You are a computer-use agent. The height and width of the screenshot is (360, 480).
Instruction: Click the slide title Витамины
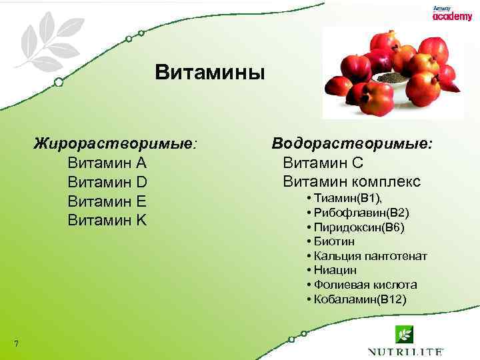tap(210, 72)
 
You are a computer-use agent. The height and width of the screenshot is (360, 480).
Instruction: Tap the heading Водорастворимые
tap(352, 144)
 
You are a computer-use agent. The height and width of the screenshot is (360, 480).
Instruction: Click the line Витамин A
tap(107, 163)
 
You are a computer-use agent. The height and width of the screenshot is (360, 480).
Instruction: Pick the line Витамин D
tap(107, 182)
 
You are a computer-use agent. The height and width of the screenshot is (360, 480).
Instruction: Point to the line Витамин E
tap(107, 201)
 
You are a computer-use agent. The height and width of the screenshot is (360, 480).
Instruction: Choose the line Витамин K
tap(107, 220)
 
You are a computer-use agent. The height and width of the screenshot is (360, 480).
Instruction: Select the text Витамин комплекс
tap(351, 181)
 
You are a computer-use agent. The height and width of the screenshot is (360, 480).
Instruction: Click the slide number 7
tap(15, 344)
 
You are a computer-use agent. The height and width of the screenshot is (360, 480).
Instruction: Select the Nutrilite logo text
tap(406, 351)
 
